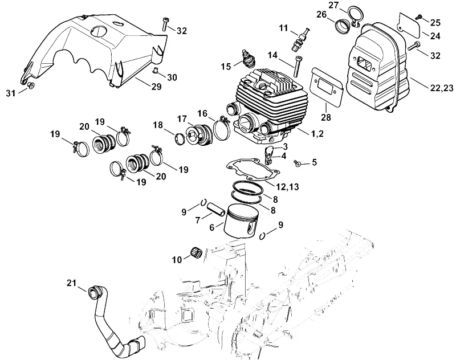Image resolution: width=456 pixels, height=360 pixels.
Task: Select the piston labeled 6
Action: [241, 221]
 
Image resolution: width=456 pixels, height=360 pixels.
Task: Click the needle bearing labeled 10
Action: [196, 252]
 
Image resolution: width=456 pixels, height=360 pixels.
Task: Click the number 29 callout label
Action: [156, 87]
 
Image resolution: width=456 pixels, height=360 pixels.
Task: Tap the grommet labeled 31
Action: [31, 85]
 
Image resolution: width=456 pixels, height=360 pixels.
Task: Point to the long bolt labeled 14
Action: [297, 66]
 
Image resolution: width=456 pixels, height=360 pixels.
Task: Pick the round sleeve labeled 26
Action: [343, 26]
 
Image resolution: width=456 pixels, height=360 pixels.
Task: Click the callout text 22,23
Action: [442, 88]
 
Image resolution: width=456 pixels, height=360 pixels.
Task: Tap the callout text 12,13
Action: [288, 187]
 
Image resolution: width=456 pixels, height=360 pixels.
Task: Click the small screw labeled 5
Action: [296, 163]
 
